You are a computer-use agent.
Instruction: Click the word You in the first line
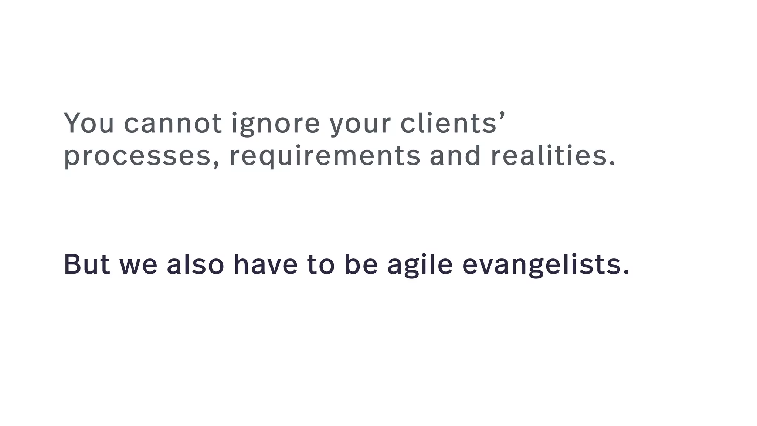[x=89, y=123]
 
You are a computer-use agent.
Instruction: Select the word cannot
[x=173, y=123]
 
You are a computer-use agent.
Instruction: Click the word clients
[x=448, y=123]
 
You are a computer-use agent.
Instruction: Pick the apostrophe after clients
[x=502, y=115]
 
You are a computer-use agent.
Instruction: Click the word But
[x=87, y=264]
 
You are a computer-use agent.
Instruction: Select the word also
[x=195, y=264]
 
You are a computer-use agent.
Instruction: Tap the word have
[x=266, y=264]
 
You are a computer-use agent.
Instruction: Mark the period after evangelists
[x=626, y=273]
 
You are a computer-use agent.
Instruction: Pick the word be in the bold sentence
[x=361, y=264]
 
